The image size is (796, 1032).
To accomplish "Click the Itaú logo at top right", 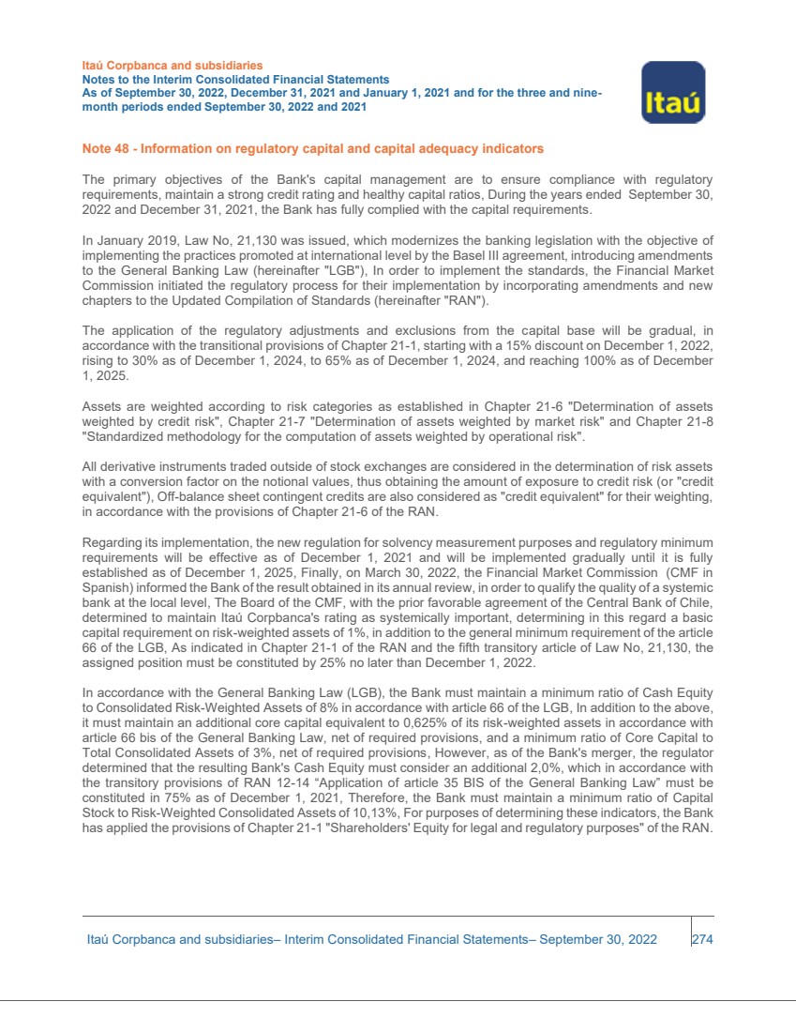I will [672, 93].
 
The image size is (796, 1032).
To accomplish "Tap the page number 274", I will [703, 939].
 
